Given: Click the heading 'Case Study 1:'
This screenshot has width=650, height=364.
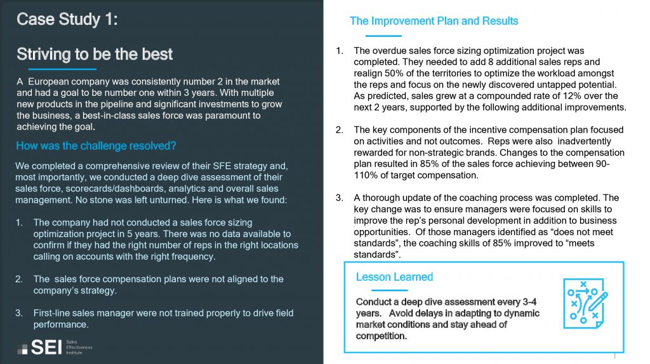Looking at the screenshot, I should click(67, 20).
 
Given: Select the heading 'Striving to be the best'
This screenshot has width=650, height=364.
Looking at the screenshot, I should click(95, 54).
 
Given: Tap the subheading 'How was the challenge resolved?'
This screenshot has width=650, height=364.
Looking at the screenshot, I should click(96, 146).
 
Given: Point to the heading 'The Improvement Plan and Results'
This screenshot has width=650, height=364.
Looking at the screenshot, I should click(434, 21).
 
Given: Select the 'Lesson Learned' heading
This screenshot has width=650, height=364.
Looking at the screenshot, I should click(394, 277).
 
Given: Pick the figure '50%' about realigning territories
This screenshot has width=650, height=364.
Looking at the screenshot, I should click(387, 73).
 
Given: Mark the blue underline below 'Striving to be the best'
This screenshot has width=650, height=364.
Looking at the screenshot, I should click(56, 69).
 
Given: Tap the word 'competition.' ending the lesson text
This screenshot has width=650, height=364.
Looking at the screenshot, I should click(381, 336).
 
